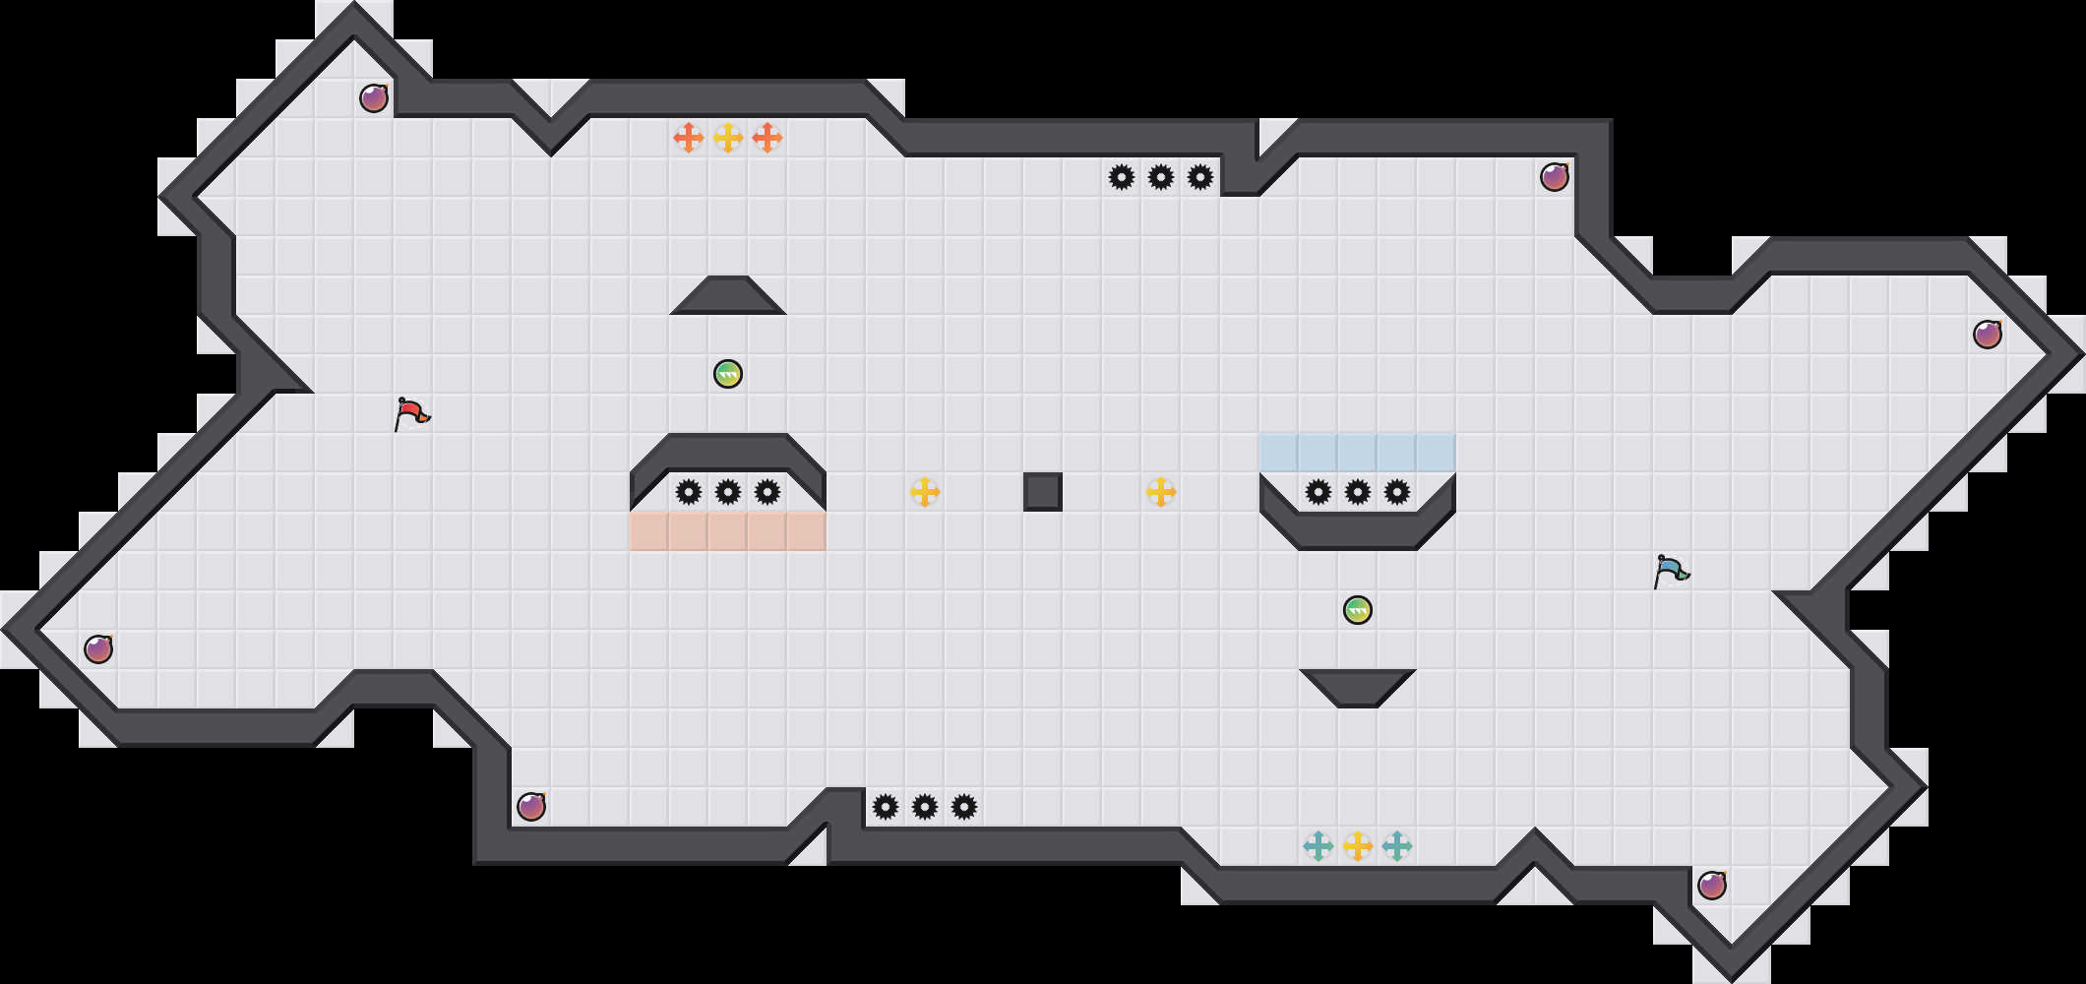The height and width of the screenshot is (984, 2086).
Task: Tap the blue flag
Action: click(1671, 571)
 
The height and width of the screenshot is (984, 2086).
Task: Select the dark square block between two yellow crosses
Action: click(1043, 492)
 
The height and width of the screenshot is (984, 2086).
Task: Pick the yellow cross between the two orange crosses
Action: click(728, 138)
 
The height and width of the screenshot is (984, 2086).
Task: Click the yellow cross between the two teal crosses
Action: click(1358, 845)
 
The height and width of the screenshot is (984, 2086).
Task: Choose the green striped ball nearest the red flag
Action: click(728, 374)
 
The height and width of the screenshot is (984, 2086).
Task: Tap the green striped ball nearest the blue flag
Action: click(1358, 610)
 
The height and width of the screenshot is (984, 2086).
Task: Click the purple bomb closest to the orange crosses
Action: click(374, 98)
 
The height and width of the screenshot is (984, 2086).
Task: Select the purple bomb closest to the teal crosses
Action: click(1712, 886)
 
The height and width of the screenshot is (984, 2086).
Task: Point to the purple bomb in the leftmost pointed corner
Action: click(98, 649)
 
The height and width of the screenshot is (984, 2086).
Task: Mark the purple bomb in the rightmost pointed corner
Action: click(1988, 335)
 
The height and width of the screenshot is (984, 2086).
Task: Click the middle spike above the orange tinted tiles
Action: click(728, 492)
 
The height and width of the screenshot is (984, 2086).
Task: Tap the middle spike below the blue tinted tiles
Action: click(1358, 492)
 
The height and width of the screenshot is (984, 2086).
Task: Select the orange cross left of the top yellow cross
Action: click(689, 138)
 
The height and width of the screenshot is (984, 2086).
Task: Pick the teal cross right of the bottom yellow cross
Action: click(1397, 845)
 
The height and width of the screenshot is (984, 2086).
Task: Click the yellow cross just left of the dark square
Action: click(925, 492)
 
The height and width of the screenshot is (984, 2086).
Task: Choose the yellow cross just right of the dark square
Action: click(1161, 492)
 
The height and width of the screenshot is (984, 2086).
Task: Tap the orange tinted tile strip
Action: click(728, 531)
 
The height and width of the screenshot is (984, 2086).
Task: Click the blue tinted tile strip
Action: click(1358, 453)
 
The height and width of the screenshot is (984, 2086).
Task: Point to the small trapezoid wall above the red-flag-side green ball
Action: click(728, 296)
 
